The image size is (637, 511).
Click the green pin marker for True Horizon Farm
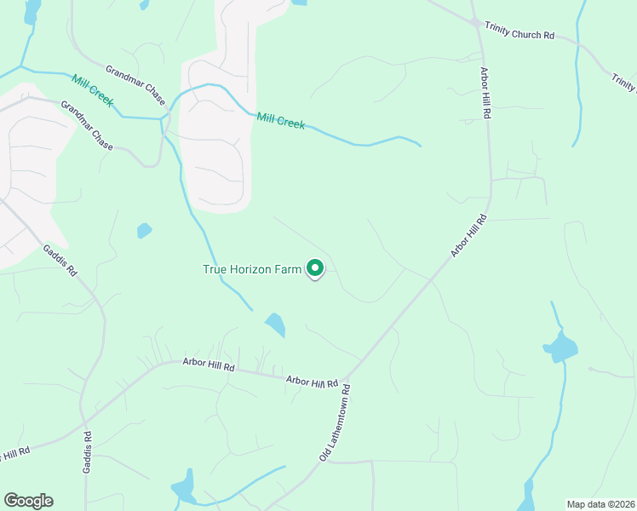(x=315, y=269)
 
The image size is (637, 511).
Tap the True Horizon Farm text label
(x=252, y=269)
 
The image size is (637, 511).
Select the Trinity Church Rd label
(x=519, y=31)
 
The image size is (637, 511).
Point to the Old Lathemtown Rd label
(x=336, y=422)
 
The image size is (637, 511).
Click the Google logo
(x=28, y=501)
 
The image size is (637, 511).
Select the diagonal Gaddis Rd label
(x=60, y=260)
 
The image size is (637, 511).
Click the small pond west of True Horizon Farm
(x=145, y=230)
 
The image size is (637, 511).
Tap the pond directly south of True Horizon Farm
(x=275, y=324)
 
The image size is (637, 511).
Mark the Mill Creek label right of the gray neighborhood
(x=280, y=121)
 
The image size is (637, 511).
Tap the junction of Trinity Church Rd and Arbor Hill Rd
(x=475, y=23)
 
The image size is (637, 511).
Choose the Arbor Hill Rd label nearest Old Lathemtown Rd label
(x=313, y=382)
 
